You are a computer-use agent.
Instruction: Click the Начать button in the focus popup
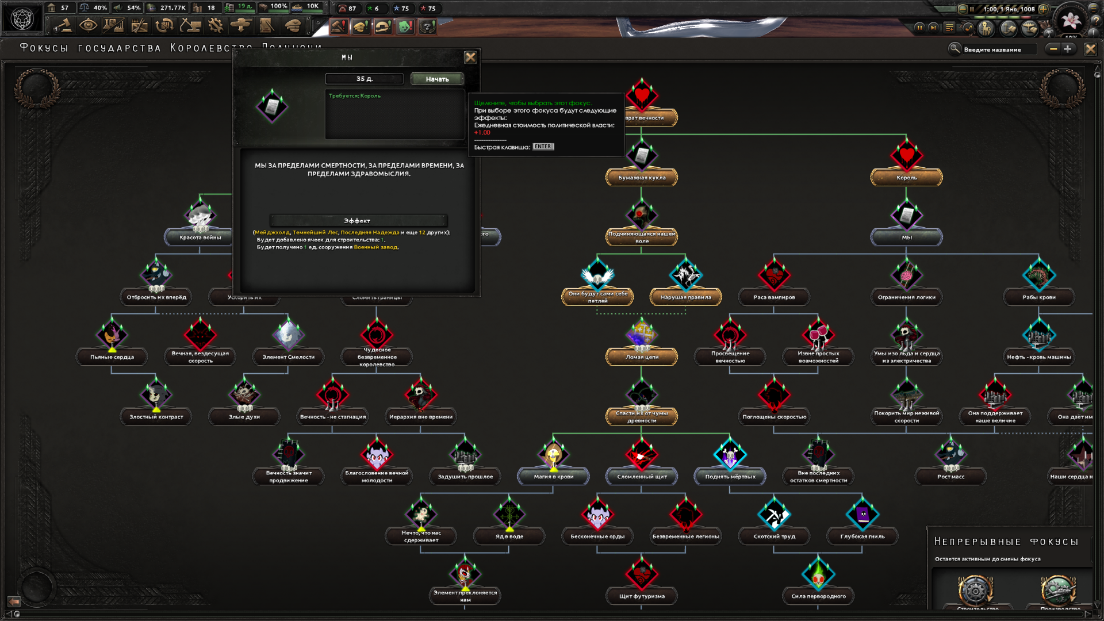click(x=437, y=79)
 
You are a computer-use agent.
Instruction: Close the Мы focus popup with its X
click(x=470, y=57)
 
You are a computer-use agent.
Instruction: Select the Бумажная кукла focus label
click(x=642, y=178)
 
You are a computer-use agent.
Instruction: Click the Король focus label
click(x=906, y=178)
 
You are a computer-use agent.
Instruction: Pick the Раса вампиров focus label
click(x=774, y=297)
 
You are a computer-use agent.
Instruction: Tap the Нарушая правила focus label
click(x=685, y=297)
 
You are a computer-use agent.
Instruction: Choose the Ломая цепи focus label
click(x=642, y=357)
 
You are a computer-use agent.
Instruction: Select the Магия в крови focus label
click(x=553, y=477)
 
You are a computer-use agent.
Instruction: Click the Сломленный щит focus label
click(x=642, y=477)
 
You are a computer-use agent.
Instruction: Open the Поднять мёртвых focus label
click(x=730, y=477)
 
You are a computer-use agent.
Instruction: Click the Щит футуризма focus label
click(x=642, y=596)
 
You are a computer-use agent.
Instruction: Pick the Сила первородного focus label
click(x=818, y=596)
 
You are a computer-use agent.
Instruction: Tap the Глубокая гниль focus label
click(x=862, y=536)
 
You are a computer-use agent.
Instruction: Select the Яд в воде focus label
click(x=509, y=536)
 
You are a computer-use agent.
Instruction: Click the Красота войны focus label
click(x=200, y=237)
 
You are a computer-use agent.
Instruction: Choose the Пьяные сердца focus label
click(x=112, y=357)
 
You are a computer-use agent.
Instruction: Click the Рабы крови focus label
click(x=1038, y=297)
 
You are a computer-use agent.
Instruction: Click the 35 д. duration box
click(x=364, y=79)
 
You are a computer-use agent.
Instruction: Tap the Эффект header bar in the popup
click(x=358, y=221)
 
